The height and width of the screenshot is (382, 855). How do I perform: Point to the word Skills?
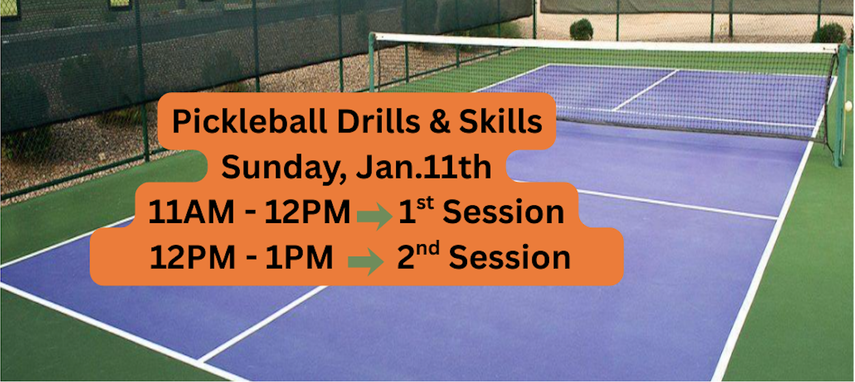tap(501, 121)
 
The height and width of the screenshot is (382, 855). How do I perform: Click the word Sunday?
tap(284, 168)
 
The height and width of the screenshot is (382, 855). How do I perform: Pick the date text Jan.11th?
tap(423, 166)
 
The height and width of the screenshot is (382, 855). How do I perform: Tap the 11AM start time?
tap(191, 211)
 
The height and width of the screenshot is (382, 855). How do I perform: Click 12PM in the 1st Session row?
tap(307, 211)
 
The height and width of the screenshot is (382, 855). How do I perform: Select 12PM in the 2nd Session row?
tap(193, 257)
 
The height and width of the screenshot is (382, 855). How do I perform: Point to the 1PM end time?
tap(299, 257)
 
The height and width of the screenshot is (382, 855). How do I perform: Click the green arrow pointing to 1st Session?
tap(375, 216)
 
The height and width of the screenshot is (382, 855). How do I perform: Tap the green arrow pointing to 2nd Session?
tap(365, 261)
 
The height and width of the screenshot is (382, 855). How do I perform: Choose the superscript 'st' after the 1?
tap(425, 203)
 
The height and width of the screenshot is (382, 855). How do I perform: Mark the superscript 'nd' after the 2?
tap(428, 248)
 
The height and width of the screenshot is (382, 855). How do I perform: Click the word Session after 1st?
tap(503, 212)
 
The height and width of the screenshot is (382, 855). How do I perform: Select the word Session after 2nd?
tap(509, 258)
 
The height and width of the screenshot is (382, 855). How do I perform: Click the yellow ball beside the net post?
tap(848, 105)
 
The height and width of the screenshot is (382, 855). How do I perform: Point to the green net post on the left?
tap(372, 63)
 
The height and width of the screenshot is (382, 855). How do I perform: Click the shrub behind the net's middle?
tap(581, 29)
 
